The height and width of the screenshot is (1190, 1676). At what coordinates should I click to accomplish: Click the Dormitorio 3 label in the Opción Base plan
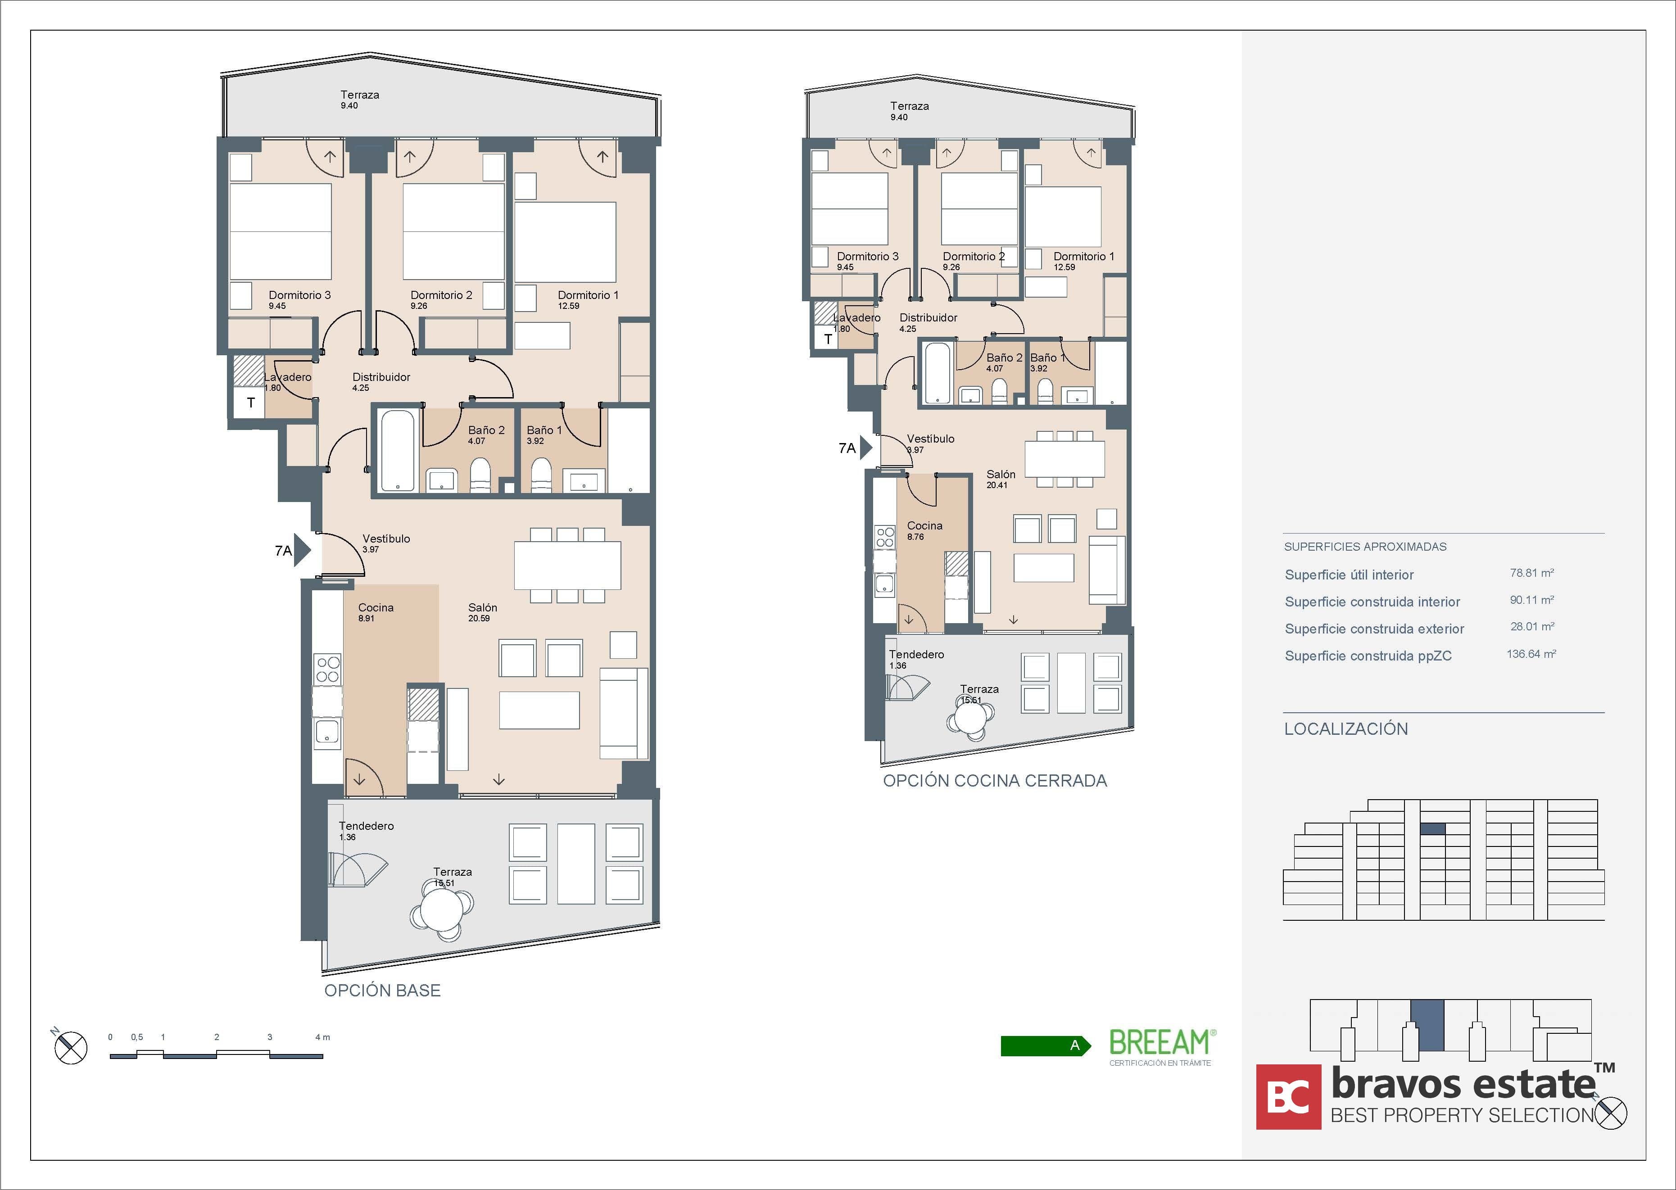pos(299,295)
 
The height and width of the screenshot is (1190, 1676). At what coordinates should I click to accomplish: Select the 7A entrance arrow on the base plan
pos(302,550)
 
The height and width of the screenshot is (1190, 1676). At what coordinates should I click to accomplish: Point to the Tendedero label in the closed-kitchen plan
pos(916,654)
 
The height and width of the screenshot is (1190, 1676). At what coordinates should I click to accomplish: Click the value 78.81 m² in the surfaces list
pos(1531,573)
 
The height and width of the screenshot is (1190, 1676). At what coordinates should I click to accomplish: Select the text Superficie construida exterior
pos(1374,629)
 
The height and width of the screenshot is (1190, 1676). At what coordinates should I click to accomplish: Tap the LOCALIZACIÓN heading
pos(1345,729)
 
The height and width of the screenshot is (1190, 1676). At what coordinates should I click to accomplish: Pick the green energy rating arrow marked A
pos(1044,1045)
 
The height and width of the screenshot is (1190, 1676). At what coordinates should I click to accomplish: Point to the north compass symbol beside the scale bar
pos(70,1047)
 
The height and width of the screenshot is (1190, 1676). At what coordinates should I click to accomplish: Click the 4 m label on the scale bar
pos(322,1037)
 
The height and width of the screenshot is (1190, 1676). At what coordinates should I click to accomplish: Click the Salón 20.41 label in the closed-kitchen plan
pos(1000,479)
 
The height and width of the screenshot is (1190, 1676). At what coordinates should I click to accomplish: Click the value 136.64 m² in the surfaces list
pos(1531,654)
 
